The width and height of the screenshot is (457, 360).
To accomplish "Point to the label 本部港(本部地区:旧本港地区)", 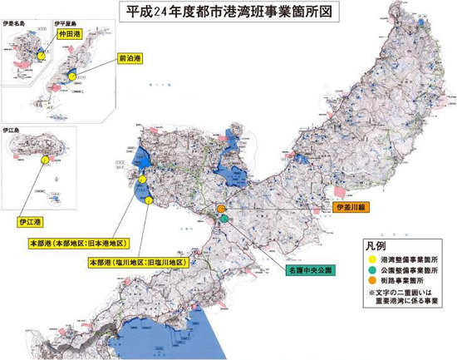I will [x=78, y=244].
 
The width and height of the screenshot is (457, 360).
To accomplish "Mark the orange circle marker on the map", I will [x=221, y=209].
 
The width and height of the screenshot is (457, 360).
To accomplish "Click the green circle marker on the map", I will [x=224, y=218].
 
